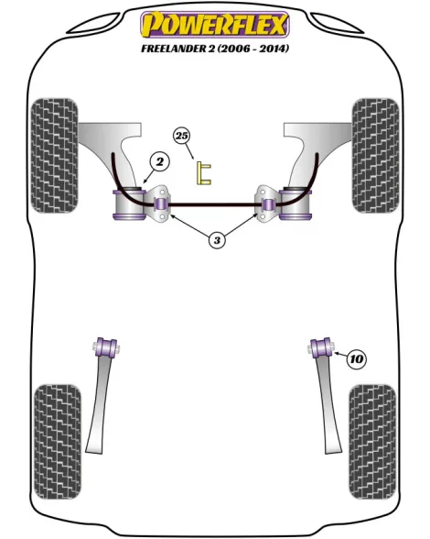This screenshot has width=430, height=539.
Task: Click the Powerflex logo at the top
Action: click(215, 25)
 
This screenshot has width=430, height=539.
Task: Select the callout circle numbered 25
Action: click(182, 136)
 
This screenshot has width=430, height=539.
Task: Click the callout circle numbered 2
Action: click(159, 162)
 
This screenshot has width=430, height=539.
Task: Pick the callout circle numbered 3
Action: click(217, 240)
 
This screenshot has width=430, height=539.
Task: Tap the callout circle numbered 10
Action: click(357, 359)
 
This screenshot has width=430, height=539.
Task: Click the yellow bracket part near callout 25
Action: click(203, 173)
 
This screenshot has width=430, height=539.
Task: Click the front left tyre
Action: click(54, 156)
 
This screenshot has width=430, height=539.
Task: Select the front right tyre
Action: click(375, 156)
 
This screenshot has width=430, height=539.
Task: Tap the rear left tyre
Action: click(58, 442)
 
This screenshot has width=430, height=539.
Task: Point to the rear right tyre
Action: click(372, 442)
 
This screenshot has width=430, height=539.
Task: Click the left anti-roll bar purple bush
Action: click(160, 203)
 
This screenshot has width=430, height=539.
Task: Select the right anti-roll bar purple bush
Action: click(268, 203)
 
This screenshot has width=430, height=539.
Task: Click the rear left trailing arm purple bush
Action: click(106, 348)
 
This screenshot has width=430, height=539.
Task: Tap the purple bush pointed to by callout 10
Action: click(321, 348)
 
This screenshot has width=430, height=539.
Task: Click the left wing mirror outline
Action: click(93, 24)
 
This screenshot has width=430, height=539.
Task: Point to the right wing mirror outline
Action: click(337, 24)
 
